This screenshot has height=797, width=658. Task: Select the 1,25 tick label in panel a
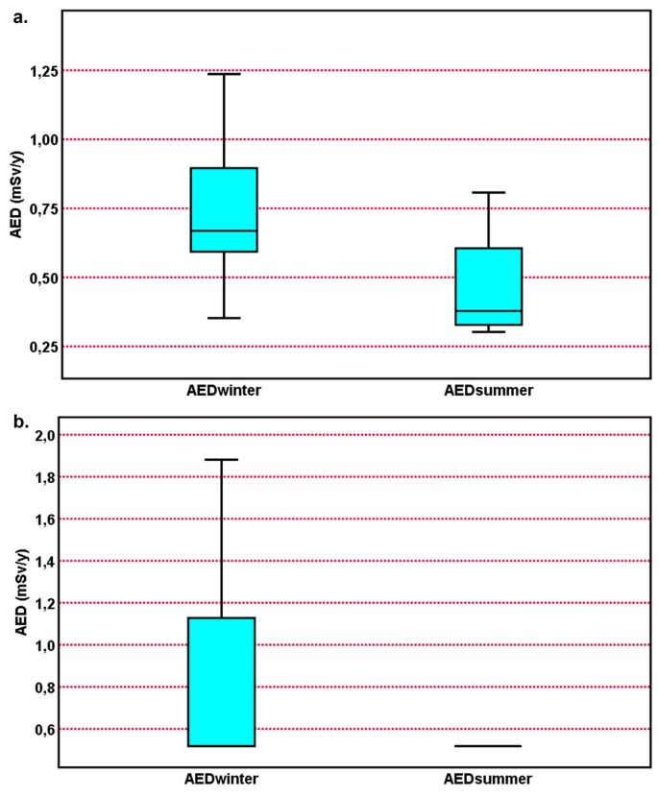click(x=37, y=71)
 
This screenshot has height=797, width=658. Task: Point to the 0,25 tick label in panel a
click(x=37, y=347)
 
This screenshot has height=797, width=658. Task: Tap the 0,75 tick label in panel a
click(x=37, y=209)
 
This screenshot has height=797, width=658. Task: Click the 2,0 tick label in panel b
click(x=42, y=436)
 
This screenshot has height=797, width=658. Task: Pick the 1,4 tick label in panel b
click(x=42, y=562)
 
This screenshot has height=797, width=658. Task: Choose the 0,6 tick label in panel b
click(x=42, y=730)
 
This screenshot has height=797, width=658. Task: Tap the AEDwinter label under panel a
click(x=223, y=393)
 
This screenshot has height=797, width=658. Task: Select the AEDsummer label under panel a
click(x=488, y=393)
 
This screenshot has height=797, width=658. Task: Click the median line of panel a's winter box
click(x=223, y=231)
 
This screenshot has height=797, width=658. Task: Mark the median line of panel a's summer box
click(x=488, y=311)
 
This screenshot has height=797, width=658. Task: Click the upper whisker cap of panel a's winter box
click(x=223, y=74)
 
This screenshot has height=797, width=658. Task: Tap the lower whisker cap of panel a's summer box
click(x=488, y=332)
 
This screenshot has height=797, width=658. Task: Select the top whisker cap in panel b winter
click(x=223, y=460)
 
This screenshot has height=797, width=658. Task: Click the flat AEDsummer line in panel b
click(x=488, y=746)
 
